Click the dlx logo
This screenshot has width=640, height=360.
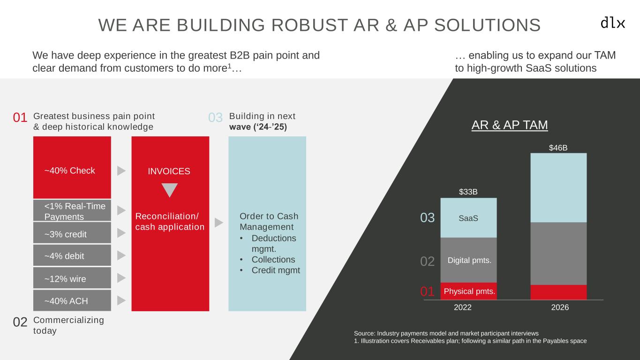(x=613, y=23)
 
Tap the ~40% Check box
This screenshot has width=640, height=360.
(x=72, y=167)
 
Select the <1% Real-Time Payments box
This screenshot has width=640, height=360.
(x=72, y=210)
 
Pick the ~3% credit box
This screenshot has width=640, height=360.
(x=72, y=233)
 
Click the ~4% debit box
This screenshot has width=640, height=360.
(x=72, y=255)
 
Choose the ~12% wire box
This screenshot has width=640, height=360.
(x=72, y=278)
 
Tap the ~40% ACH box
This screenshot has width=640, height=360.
(x=72, y=300)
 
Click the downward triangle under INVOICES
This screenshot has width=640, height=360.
(x=169, y=189)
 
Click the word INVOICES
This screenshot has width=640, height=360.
(x=169, y=172)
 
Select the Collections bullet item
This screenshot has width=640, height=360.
(x=273, y=260)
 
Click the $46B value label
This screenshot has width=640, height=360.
(x=558, y=148)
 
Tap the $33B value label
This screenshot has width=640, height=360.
(x=468, y=192)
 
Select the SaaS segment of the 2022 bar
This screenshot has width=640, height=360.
(x=468, y=218)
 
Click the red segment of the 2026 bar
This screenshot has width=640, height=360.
(x=558, y=292)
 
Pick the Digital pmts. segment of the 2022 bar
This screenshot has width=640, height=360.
(x=468, y=260)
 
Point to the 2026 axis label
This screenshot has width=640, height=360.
(x=560, y=307)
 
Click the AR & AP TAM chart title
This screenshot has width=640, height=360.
(x=510, y=125)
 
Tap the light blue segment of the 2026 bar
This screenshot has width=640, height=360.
(x=558, y=187)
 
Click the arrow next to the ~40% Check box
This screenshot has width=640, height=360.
(x=122, y=171)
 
